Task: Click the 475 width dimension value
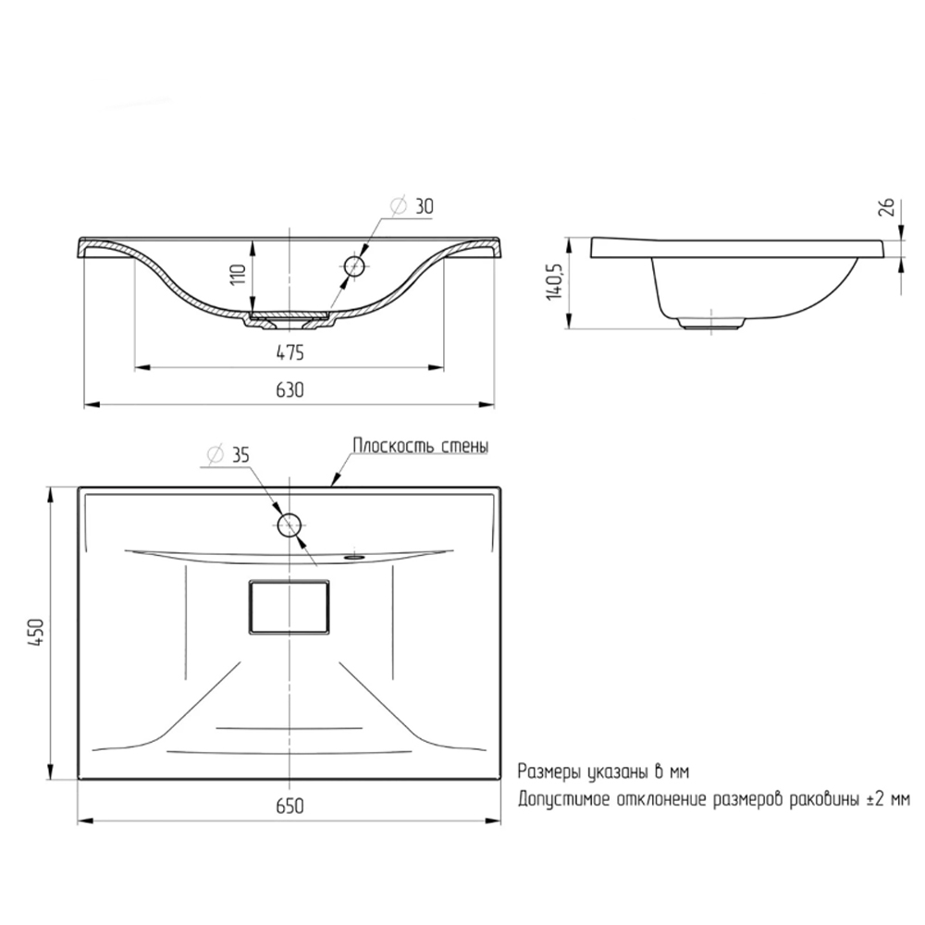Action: pos(290,352)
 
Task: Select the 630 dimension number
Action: pos(290,390)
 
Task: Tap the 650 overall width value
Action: pos(290,806)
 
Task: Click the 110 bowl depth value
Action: pos(238,275)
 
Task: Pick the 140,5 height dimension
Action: pos(554,280)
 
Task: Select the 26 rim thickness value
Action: pos(888,207)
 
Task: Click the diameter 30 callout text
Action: pos(413,206)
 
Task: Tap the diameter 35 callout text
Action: pos(228,455)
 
